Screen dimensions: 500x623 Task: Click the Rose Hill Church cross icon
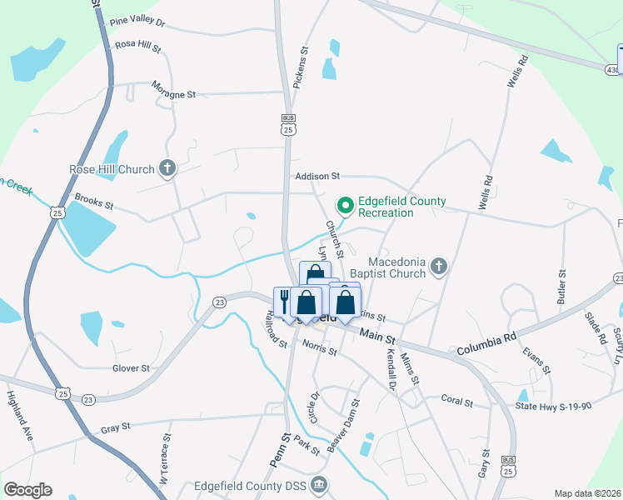167,169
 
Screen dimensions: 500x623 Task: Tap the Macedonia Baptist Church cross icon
440,267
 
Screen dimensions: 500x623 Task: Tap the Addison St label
318,176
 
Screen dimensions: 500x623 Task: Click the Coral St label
457,401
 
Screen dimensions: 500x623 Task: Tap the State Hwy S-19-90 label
552,406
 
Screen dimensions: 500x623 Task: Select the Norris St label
320,348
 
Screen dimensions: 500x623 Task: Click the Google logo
27,490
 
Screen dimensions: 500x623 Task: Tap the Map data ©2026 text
587,493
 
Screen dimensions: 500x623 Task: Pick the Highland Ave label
19,405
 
